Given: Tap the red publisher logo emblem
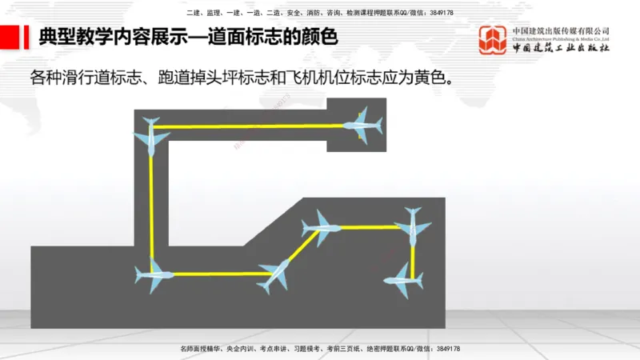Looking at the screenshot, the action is tap(493, 41).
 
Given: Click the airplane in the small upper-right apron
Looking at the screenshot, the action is tap(363, 126).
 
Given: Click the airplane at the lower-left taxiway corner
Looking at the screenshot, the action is tap(154, 274).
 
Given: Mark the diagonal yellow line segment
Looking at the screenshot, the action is tap(299, 251).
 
